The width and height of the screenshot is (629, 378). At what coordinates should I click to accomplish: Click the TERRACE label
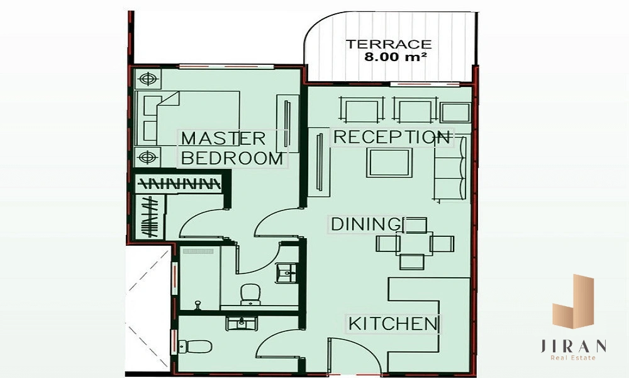coord(388,44)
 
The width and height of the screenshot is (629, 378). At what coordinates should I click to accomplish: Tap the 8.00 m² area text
coord(395,57)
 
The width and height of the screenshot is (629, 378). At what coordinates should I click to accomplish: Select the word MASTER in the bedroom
coord(223,139)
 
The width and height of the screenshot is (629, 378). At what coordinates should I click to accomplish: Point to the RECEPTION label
coord(391,137)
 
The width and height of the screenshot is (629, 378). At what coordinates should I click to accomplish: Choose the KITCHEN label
coord(392,324)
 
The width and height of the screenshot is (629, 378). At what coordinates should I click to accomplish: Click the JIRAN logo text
coord(573,346)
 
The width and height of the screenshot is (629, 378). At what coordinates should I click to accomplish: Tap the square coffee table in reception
coord(389,163)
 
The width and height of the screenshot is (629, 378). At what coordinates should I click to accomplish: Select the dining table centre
coord(415,243)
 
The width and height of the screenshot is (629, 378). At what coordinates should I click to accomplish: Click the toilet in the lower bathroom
coord(195,346)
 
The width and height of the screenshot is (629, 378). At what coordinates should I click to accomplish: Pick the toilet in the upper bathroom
coord(251,294)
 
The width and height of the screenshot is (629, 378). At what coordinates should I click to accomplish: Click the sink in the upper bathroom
coord(287,273)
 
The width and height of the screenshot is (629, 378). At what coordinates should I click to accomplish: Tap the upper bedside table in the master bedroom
coord(148,79)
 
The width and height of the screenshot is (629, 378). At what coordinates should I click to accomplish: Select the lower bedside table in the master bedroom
coord(148,157)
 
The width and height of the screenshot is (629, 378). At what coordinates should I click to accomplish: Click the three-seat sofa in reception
coord(450,168)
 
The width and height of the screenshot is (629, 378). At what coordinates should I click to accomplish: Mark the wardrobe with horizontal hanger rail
coord(179,184)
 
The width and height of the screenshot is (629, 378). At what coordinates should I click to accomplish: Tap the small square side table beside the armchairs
coord(455,112)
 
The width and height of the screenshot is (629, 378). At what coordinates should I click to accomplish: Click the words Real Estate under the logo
coord(573,358)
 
